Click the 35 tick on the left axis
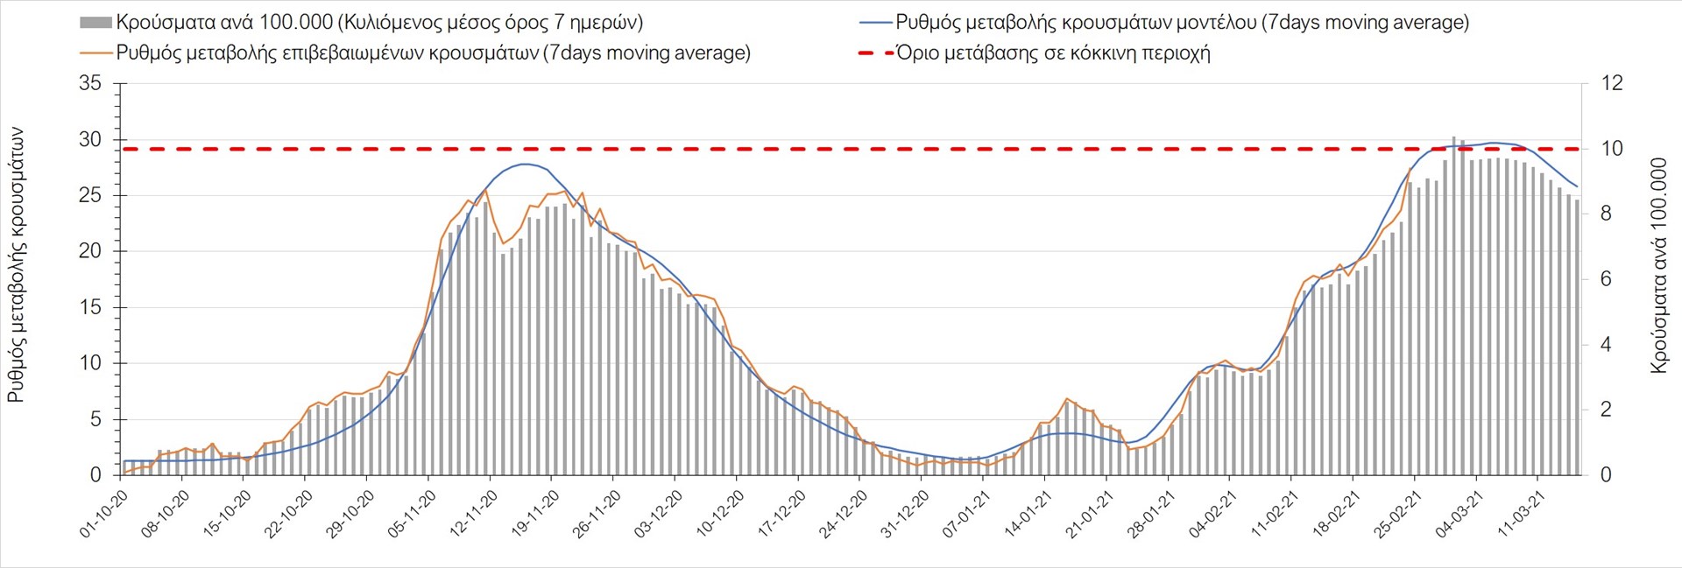tap(90, 84)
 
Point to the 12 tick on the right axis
tap(1612, 84)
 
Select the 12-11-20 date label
tap(475, 514)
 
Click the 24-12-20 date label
tap(845, 514)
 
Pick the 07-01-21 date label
tap(967, 514)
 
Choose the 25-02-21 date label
tap(1399, 514)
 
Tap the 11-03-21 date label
tap(1522, 514)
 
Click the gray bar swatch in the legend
tap(95, 23)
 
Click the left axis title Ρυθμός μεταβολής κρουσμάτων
tap(16, 265)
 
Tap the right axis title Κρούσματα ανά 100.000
tap(1658, 265)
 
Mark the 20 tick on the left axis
tap(90, 251)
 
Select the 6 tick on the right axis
tap(1606, 279)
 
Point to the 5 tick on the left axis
tap(96, 419)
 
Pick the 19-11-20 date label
tap(536, 514)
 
